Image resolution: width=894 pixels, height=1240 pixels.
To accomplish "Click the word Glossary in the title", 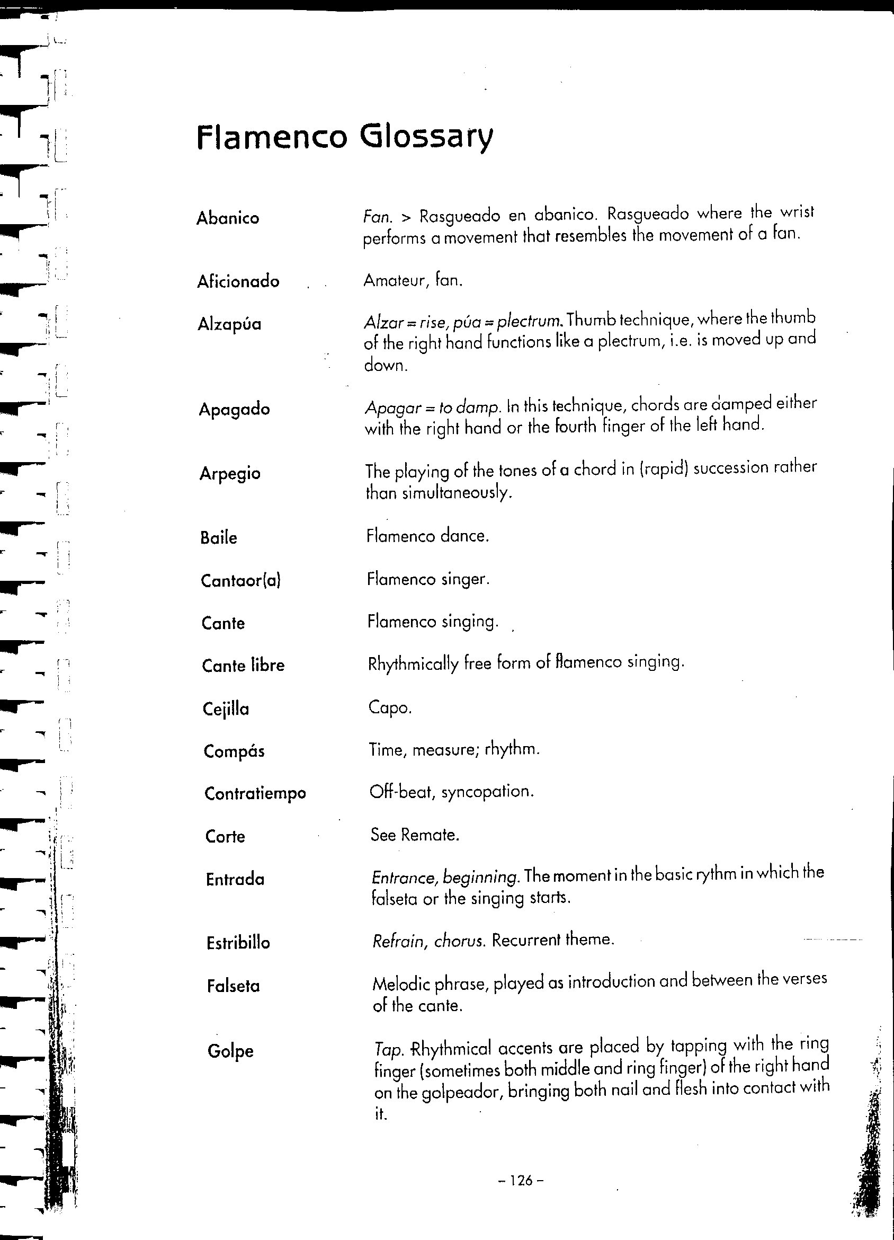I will [x=426, y=137].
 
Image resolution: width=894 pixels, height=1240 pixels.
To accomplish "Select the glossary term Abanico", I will [x=228, y=218].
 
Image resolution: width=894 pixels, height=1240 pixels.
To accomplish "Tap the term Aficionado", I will [x=238, y=281].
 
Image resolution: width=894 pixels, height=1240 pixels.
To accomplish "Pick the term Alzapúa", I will [x=229, y=325].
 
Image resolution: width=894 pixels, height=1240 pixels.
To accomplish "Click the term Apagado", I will [x=235, y=410].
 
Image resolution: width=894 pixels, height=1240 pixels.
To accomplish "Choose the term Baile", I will [x=219, y=538].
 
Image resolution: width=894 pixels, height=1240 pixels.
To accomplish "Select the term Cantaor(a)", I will [x=240, y=581].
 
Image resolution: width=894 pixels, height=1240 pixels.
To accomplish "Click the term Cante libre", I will [x=243, y=666].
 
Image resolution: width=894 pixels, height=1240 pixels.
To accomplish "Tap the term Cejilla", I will [x=226, y=710].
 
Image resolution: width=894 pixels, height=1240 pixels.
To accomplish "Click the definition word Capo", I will [x=390, y=708].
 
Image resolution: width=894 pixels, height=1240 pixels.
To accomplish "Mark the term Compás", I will [x=234, y=752].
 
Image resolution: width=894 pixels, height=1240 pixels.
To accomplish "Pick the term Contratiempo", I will [x=255, y=794].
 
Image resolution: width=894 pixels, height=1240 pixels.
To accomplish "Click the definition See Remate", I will [x=415, y=835].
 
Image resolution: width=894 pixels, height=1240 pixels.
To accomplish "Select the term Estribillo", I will [x=238, y=943].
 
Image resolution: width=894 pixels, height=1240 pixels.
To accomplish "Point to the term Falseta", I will [x=234, y=986].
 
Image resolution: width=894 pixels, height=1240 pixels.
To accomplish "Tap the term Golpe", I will [x=230, y=1051].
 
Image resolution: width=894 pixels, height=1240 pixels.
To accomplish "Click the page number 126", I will [x=521, y=1181].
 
